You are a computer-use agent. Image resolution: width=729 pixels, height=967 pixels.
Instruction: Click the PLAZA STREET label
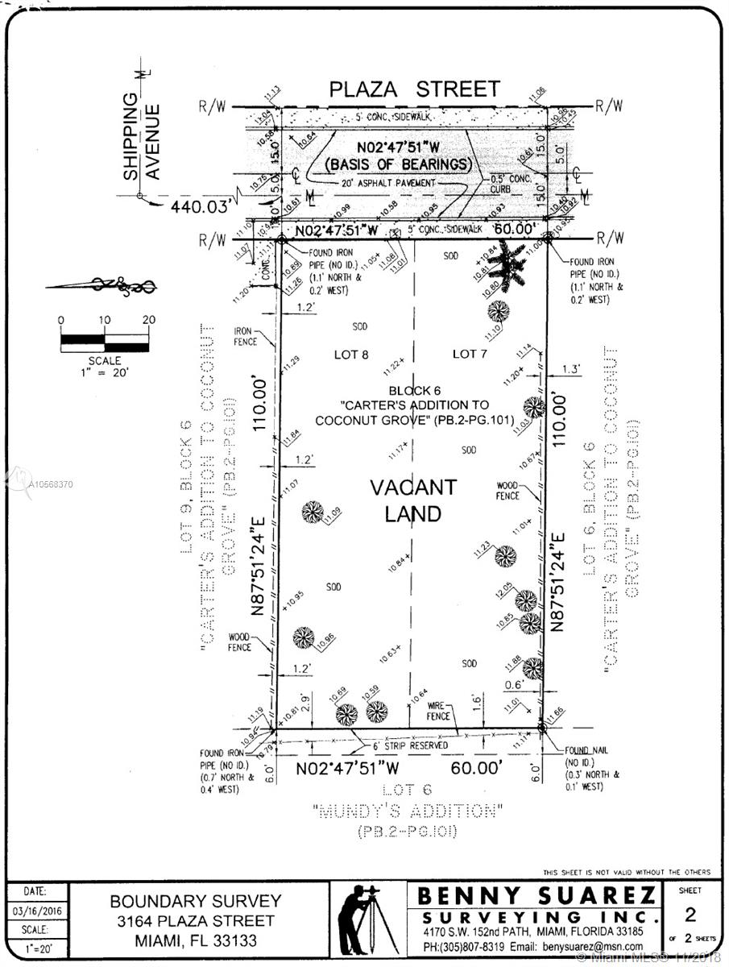tap(414, 89)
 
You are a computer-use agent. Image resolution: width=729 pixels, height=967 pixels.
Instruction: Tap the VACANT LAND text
tap(412, 500)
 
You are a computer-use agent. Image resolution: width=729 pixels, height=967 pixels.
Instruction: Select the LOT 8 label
tap(351, 354)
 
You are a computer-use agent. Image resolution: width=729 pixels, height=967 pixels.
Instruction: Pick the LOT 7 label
tap(470, 354)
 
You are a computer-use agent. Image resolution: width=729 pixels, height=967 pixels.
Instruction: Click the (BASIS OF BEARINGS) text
tap(398, 164)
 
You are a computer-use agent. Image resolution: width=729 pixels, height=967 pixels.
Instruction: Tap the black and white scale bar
tap(105, 339)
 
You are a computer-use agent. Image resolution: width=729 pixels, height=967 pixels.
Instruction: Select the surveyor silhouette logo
tap(366, 919)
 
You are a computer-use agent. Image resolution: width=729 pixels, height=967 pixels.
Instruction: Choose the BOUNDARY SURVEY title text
tap(196, 902)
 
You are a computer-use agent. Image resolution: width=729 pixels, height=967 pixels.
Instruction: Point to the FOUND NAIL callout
tap(586, 750)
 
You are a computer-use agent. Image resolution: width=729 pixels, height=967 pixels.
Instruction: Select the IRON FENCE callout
tap(245, 336)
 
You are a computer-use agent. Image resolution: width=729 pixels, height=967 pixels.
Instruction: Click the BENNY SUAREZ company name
tap(536, 896)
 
